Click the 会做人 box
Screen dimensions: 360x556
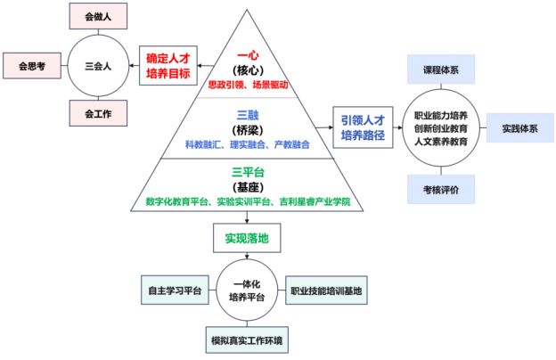97,16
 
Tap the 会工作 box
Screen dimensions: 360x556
97,113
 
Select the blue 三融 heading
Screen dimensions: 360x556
248,114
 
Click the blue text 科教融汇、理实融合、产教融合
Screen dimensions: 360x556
248,144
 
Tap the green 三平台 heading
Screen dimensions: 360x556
248,171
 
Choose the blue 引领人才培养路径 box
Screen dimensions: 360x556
364,128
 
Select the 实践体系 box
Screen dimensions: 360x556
519,128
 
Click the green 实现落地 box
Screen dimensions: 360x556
241,238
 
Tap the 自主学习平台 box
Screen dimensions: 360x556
173,291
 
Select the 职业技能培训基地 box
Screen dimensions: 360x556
326,291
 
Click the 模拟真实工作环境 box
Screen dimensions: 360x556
249,340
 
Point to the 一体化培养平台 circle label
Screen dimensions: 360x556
249,291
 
